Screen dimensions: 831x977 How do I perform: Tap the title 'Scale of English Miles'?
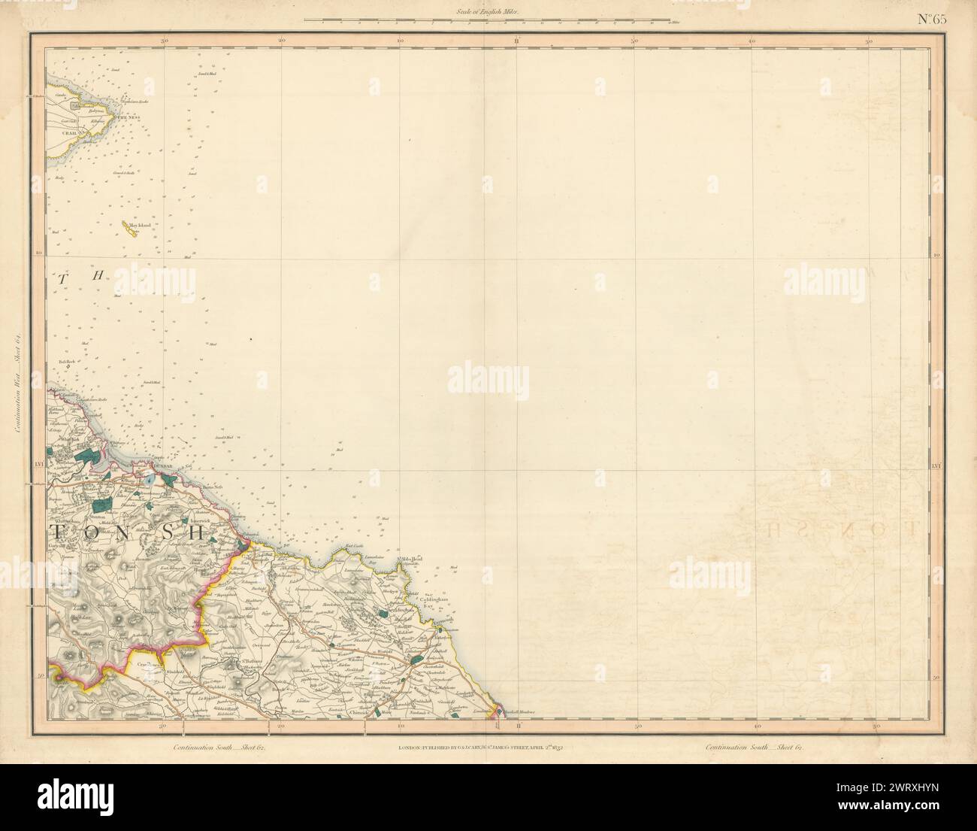tap(487, 11)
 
